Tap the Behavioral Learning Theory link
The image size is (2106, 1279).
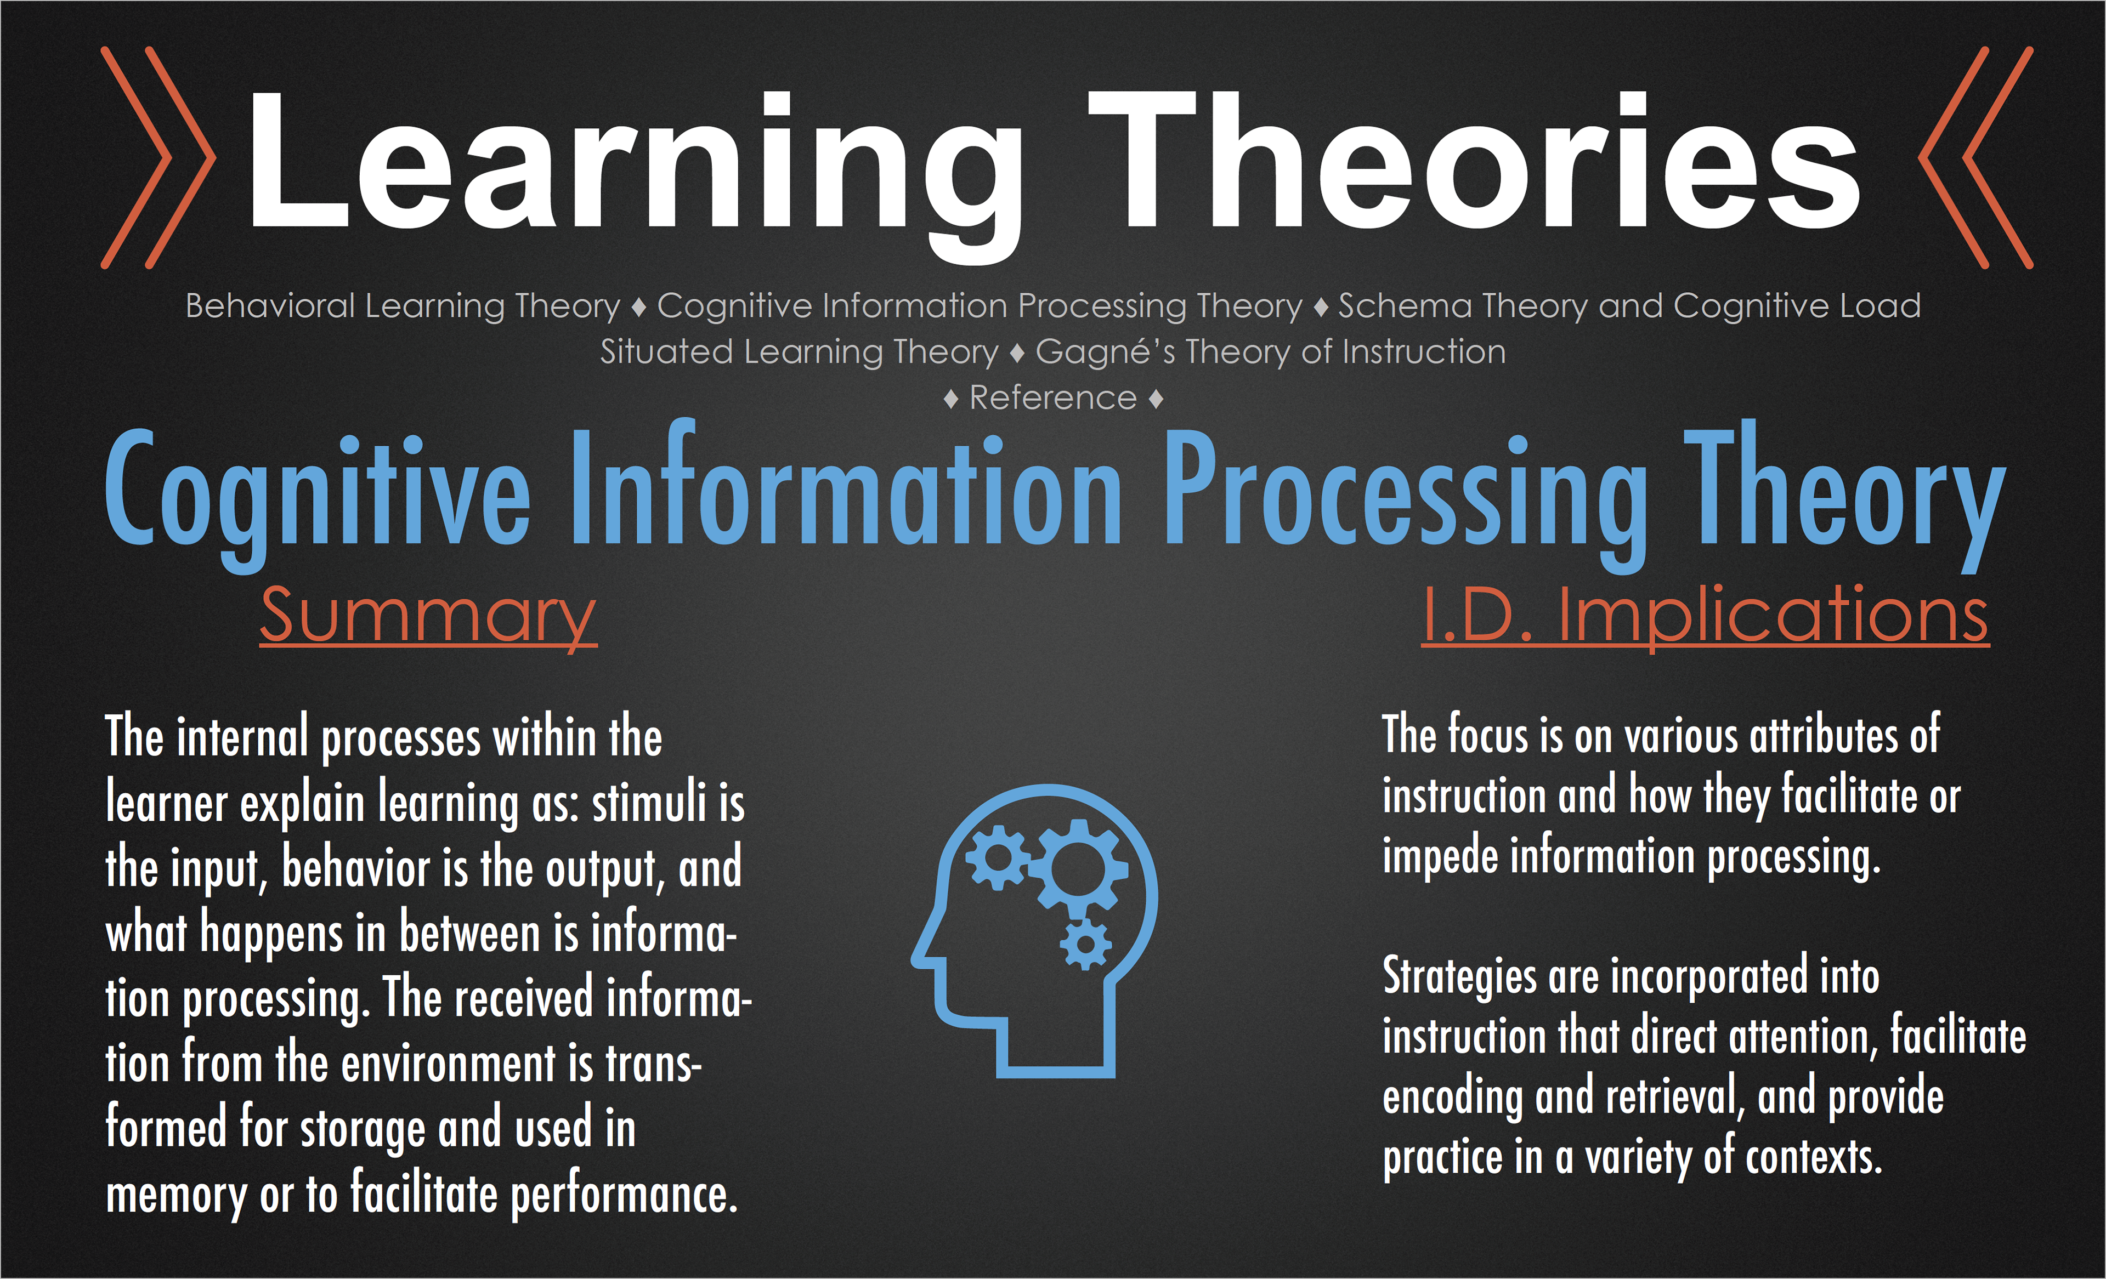click(x=403, y=306)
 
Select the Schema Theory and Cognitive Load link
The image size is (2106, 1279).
click(x=1629, y=306)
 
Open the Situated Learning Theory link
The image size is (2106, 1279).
click(x=799, y=352)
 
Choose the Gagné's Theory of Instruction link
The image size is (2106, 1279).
click(x=1271, y=352)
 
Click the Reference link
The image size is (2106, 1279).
click(x=1053, y=398)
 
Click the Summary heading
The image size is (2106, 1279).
click(x=428, y=617)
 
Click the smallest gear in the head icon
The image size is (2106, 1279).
click(x=1085, y=944)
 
